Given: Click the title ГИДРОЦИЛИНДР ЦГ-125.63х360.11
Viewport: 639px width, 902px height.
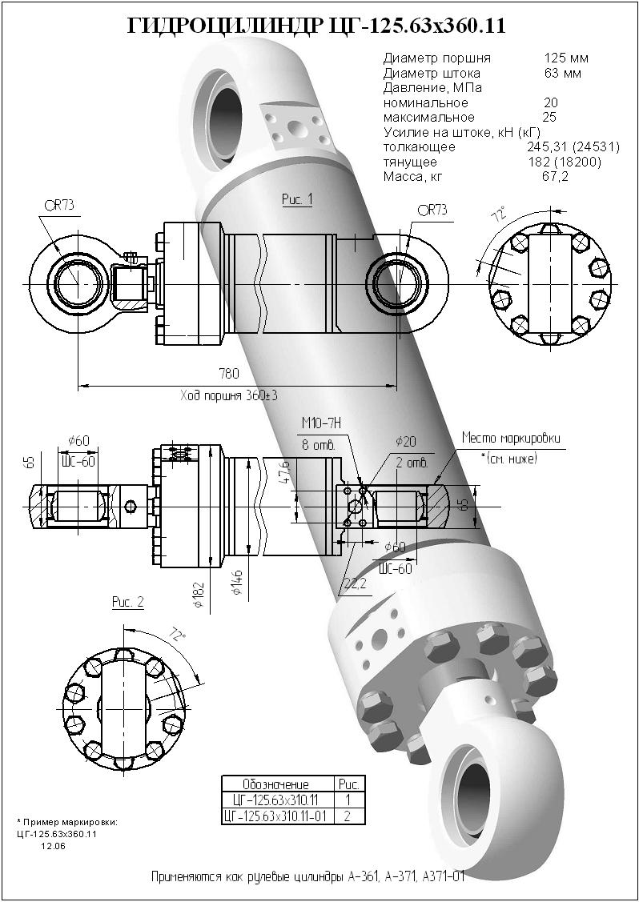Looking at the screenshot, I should [x=316, y=26].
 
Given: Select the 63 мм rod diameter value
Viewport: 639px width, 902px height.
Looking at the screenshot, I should [x=562, y=74].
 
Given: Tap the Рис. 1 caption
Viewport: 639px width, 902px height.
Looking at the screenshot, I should [x=296, y=199].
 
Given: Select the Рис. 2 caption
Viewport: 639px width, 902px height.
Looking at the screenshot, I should [x=127, y=602].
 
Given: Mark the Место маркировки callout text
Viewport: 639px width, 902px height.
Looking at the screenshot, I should [x=510, y=439].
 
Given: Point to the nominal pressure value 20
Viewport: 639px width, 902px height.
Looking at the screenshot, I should [x=551, y=103].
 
